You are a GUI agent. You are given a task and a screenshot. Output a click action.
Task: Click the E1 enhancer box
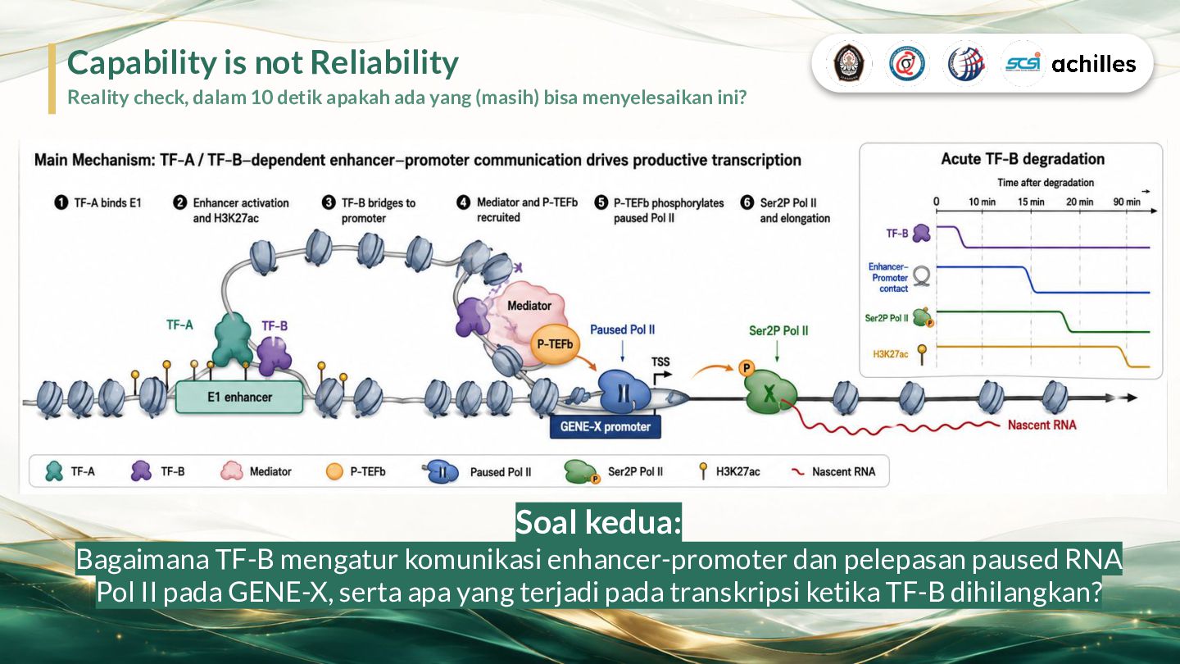coord(239,397)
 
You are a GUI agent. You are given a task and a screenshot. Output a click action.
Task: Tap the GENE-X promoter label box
coord(606,427)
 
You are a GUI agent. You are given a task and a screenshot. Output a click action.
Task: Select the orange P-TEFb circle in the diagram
coord(554,344)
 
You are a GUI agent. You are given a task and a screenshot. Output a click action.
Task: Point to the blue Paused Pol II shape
coord(624,391)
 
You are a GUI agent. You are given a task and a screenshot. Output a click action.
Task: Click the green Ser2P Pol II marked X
coord(769,392)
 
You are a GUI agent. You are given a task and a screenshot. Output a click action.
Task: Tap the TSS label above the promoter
coord(660,362)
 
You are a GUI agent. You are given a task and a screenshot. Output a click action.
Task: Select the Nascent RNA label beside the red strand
coord(1042,425)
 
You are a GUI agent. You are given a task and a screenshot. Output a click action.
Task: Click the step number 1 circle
coord(61,203)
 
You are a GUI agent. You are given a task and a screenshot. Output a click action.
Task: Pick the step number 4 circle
coord(463,202)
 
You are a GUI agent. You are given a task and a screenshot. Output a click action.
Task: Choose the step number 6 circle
coord(747,202)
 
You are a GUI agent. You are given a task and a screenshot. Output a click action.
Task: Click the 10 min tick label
coord(982,202)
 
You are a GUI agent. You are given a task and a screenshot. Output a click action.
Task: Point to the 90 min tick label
coord(1127,202)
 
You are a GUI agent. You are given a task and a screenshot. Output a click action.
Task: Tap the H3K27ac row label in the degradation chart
coord(890,354)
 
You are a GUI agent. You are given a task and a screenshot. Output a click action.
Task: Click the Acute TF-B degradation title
coord(1023,159)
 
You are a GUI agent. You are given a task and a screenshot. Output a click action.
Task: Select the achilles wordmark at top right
coord(1094,64)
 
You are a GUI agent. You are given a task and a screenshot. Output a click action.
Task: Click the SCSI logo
coord(1023,64)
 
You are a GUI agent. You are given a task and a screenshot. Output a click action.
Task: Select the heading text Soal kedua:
coord(598,522)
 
